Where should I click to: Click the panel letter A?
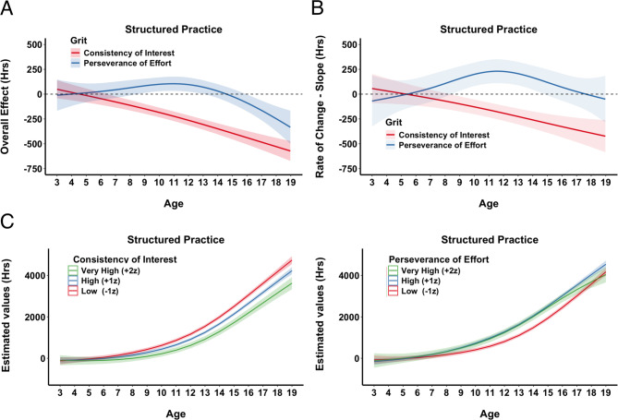(x=6, y=8)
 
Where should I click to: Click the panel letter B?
(x=318, y=8)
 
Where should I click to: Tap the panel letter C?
(x=7, y=222)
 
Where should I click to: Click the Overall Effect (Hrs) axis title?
(x=5, y=107)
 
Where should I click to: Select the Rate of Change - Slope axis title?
(x=320, y=106)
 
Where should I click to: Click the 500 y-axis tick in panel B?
(x=349, y=44)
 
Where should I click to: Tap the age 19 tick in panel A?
(x=290, y=183)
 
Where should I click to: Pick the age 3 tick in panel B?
(x=371, y=183)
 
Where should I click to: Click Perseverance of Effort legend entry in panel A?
(x=127, y=63)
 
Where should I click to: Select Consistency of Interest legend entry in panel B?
(x=443, y=135)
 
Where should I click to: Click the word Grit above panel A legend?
(x=79, y=41)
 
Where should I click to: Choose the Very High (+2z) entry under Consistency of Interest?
(x=110, y=270)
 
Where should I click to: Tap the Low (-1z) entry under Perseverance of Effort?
(x=419, y=291)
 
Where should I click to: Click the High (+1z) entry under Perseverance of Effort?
(x=420, y=281)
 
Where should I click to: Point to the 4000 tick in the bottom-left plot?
(x=34, y=275)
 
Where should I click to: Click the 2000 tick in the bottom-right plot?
(x=348, y=317)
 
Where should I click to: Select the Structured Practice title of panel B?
(x=489, y=30)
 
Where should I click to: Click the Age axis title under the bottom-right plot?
(x=490, y=414)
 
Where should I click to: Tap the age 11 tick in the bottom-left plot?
(x=176, y=393)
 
